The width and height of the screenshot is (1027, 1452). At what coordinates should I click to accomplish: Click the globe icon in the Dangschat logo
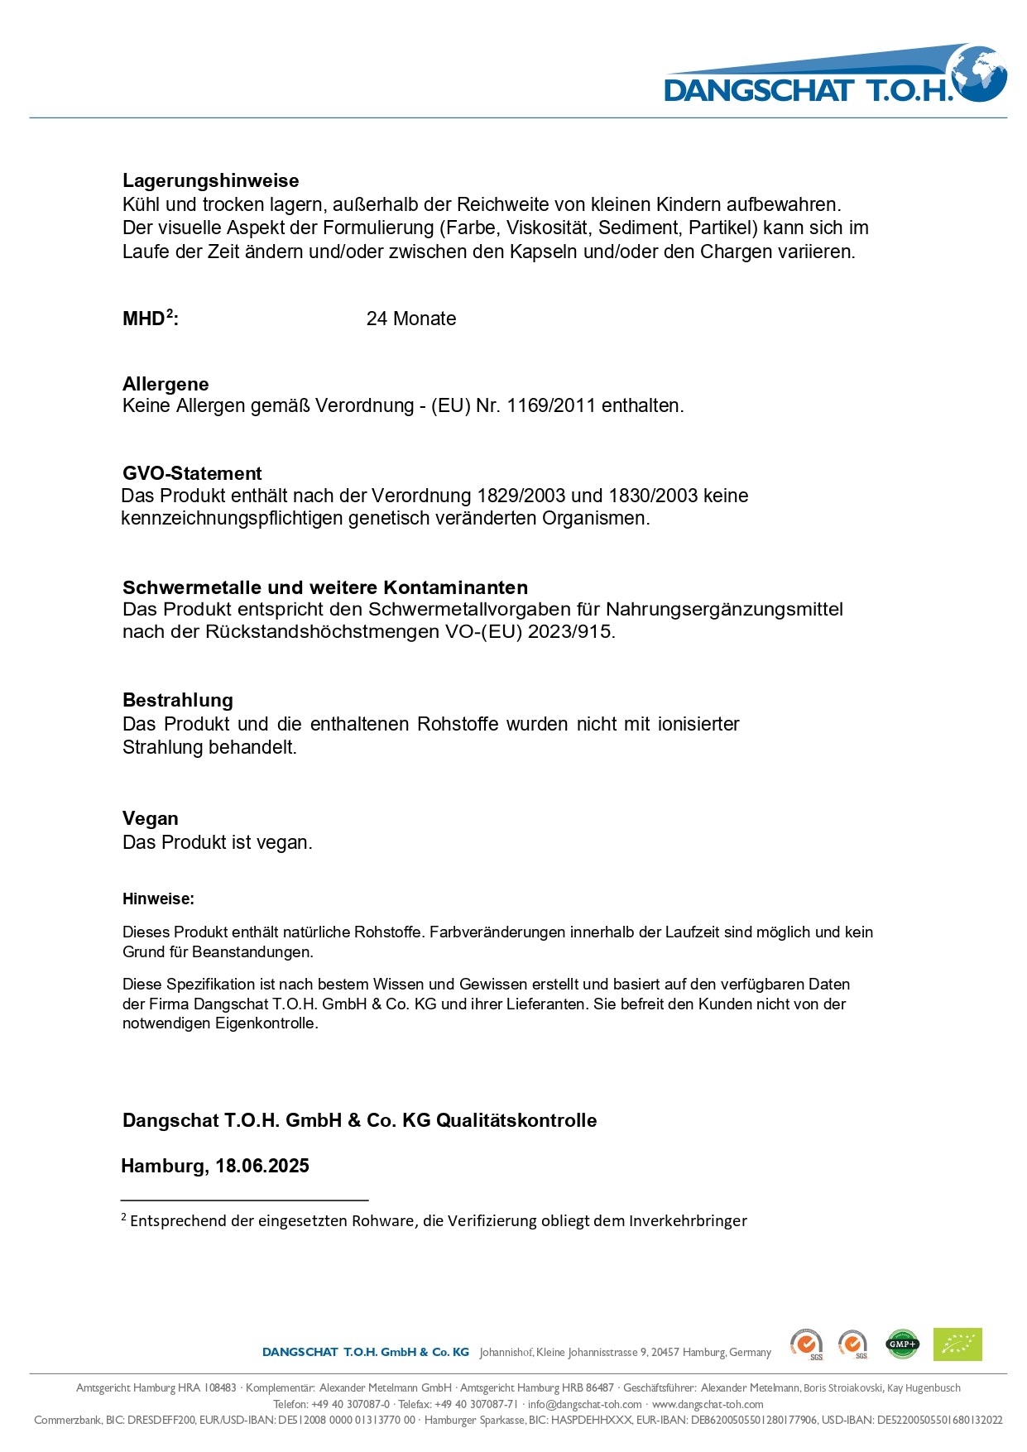pyautogui.click(x=979, y=74)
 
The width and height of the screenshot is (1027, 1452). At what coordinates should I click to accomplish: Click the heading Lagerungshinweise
pyautogui.click(x=210, y=180)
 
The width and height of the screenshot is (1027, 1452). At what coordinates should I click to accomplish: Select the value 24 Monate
pyautogui.click(x=410, y=319)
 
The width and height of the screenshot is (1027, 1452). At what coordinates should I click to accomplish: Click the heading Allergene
pyautogui.click(x=166, y=384)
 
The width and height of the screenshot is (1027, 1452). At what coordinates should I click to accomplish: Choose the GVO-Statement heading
pyautogui.click(x=192, y=473)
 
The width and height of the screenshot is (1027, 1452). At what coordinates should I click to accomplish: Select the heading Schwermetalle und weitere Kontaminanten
pyautogui.click(x=325, y=587)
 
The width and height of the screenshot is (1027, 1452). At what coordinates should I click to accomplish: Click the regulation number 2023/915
pyautogui.click(x=572, y=631)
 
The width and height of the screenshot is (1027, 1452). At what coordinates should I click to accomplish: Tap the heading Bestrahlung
pyautogui.click(x=178, y=700)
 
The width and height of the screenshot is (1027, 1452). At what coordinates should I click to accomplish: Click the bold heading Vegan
pyautogui.click(x=151, y=818)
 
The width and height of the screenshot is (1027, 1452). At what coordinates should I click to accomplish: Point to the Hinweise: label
pyautogui.click(x=158, y=899)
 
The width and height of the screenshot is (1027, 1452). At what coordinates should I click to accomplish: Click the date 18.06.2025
pyautogui.click(x=262, y=1166)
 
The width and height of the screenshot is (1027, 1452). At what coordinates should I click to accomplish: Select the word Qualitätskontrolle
pyautogui.click(x=516, y=1120)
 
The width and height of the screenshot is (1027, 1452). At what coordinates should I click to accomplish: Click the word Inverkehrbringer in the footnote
pyautogui.click(x=688, y=1220)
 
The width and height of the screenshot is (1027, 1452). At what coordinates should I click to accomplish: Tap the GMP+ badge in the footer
pyautogui.click(x=902, y=1344)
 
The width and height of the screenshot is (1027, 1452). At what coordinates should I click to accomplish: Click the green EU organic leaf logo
pyautogui.click(x=957, y=1344)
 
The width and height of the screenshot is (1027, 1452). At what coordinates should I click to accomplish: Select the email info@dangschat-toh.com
pyautogui.click(x=585, y=1404)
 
